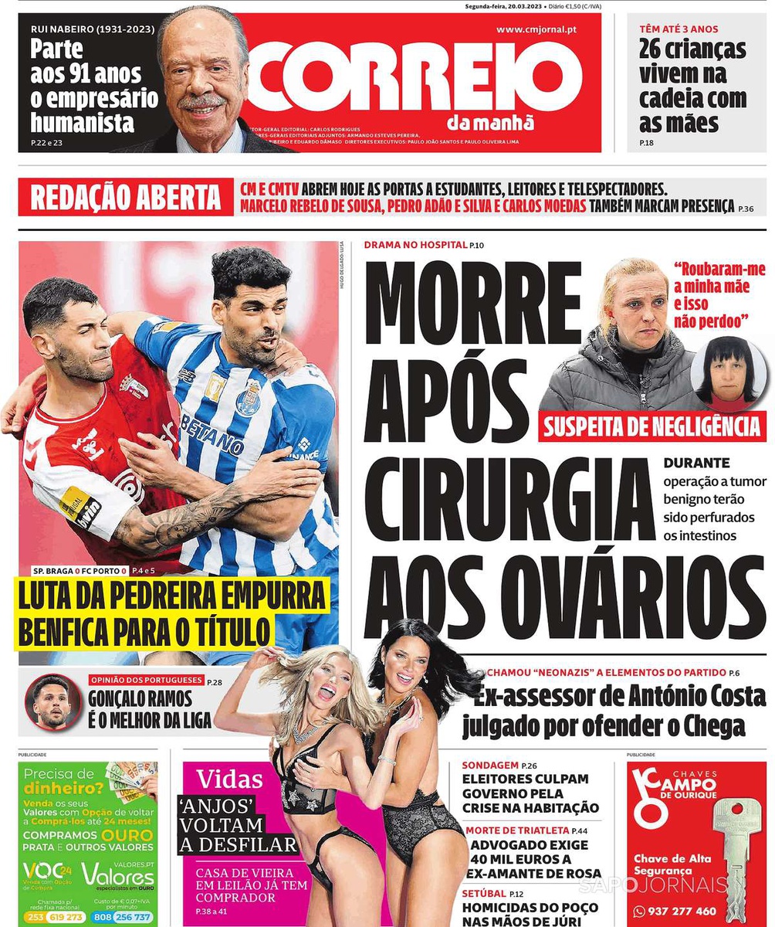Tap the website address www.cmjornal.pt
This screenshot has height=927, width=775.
tap(536, 29)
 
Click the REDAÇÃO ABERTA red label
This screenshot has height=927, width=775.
tap(125, 198)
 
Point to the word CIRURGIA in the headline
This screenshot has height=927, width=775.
tap(509, 500)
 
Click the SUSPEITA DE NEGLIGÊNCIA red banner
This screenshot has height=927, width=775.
tap(652, 426)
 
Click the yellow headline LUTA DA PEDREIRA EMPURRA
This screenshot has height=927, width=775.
tap(171, 597)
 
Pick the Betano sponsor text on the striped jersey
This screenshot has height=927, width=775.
tap(212, 435)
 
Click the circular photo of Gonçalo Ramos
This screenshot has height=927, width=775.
tap(52, 702)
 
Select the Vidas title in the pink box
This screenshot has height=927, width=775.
tap(229, 779)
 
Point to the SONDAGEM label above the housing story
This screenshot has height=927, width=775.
tap(490, 765)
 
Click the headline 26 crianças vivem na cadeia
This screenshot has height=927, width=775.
tap(692, 86)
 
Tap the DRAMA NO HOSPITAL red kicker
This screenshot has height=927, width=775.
tap(415, 246)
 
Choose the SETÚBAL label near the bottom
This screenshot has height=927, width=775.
tap(484, 893)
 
